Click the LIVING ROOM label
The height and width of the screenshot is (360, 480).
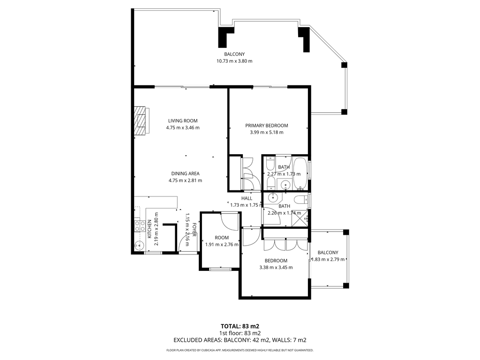[x=183, y=120]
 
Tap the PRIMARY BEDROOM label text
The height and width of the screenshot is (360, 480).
[x=267, y=126]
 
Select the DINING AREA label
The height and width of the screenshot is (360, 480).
[x=185, y=173]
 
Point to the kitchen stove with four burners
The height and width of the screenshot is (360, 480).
[x=140, y=226]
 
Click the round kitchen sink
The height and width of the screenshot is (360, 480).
[x=139, y=245]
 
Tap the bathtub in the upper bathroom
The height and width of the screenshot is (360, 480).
[x=300, y=173]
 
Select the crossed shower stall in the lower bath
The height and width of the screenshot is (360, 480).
[x=300, y=219]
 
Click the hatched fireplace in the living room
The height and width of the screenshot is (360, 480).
[x=142, y=120]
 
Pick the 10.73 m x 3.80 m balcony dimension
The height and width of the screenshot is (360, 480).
[x=234, y=61]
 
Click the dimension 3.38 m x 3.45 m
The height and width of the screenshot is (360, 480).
[x=276, y=268]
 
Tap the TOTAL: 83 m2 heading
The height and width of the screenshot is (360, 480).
[x=240, y=326]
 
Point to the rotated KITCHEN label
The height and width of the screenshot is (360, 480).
[x=150, y=229]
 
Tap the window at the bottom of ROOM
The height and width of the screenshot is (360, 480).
[x=220, y=269]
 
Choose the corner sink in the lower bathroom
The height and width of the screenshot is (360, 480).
[x=271, y=198]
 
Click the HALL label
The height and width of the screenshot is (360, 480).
[x=247, y=198]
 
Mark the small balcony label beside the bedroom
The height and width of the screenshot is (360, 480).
[x=328, y=253]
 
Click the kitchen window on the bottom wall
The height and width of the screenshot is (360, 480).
[x=153, y=253]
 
